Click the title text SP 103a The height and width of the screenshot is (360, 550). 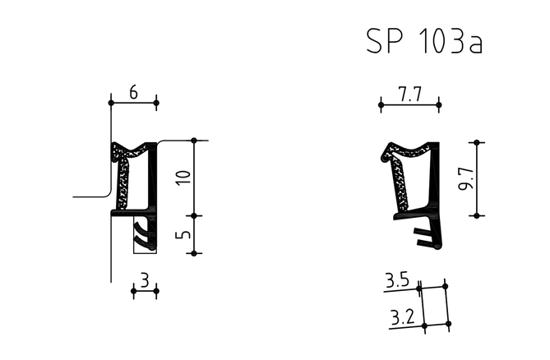(x=424, y=41)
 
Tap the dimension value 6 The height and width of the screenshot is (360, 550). (x=134, y=93)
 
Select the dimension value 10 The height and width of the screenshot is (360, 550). (x=184, y=178)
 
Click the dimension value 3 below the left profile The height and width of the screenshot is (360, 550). (x=145, y=280)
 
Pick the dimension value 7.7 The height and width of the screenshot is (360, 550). (x=409, y=95)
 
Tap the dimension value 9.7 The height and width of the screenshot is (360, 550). (x=467, y=179)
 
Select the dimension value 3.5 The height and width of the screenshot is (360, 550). (x=398, y=280)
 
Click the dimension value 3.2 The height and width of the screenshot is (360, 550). (x=403, y=317)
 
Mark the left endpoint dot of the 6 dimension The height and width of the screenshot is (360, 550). (x=111, y=103)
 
